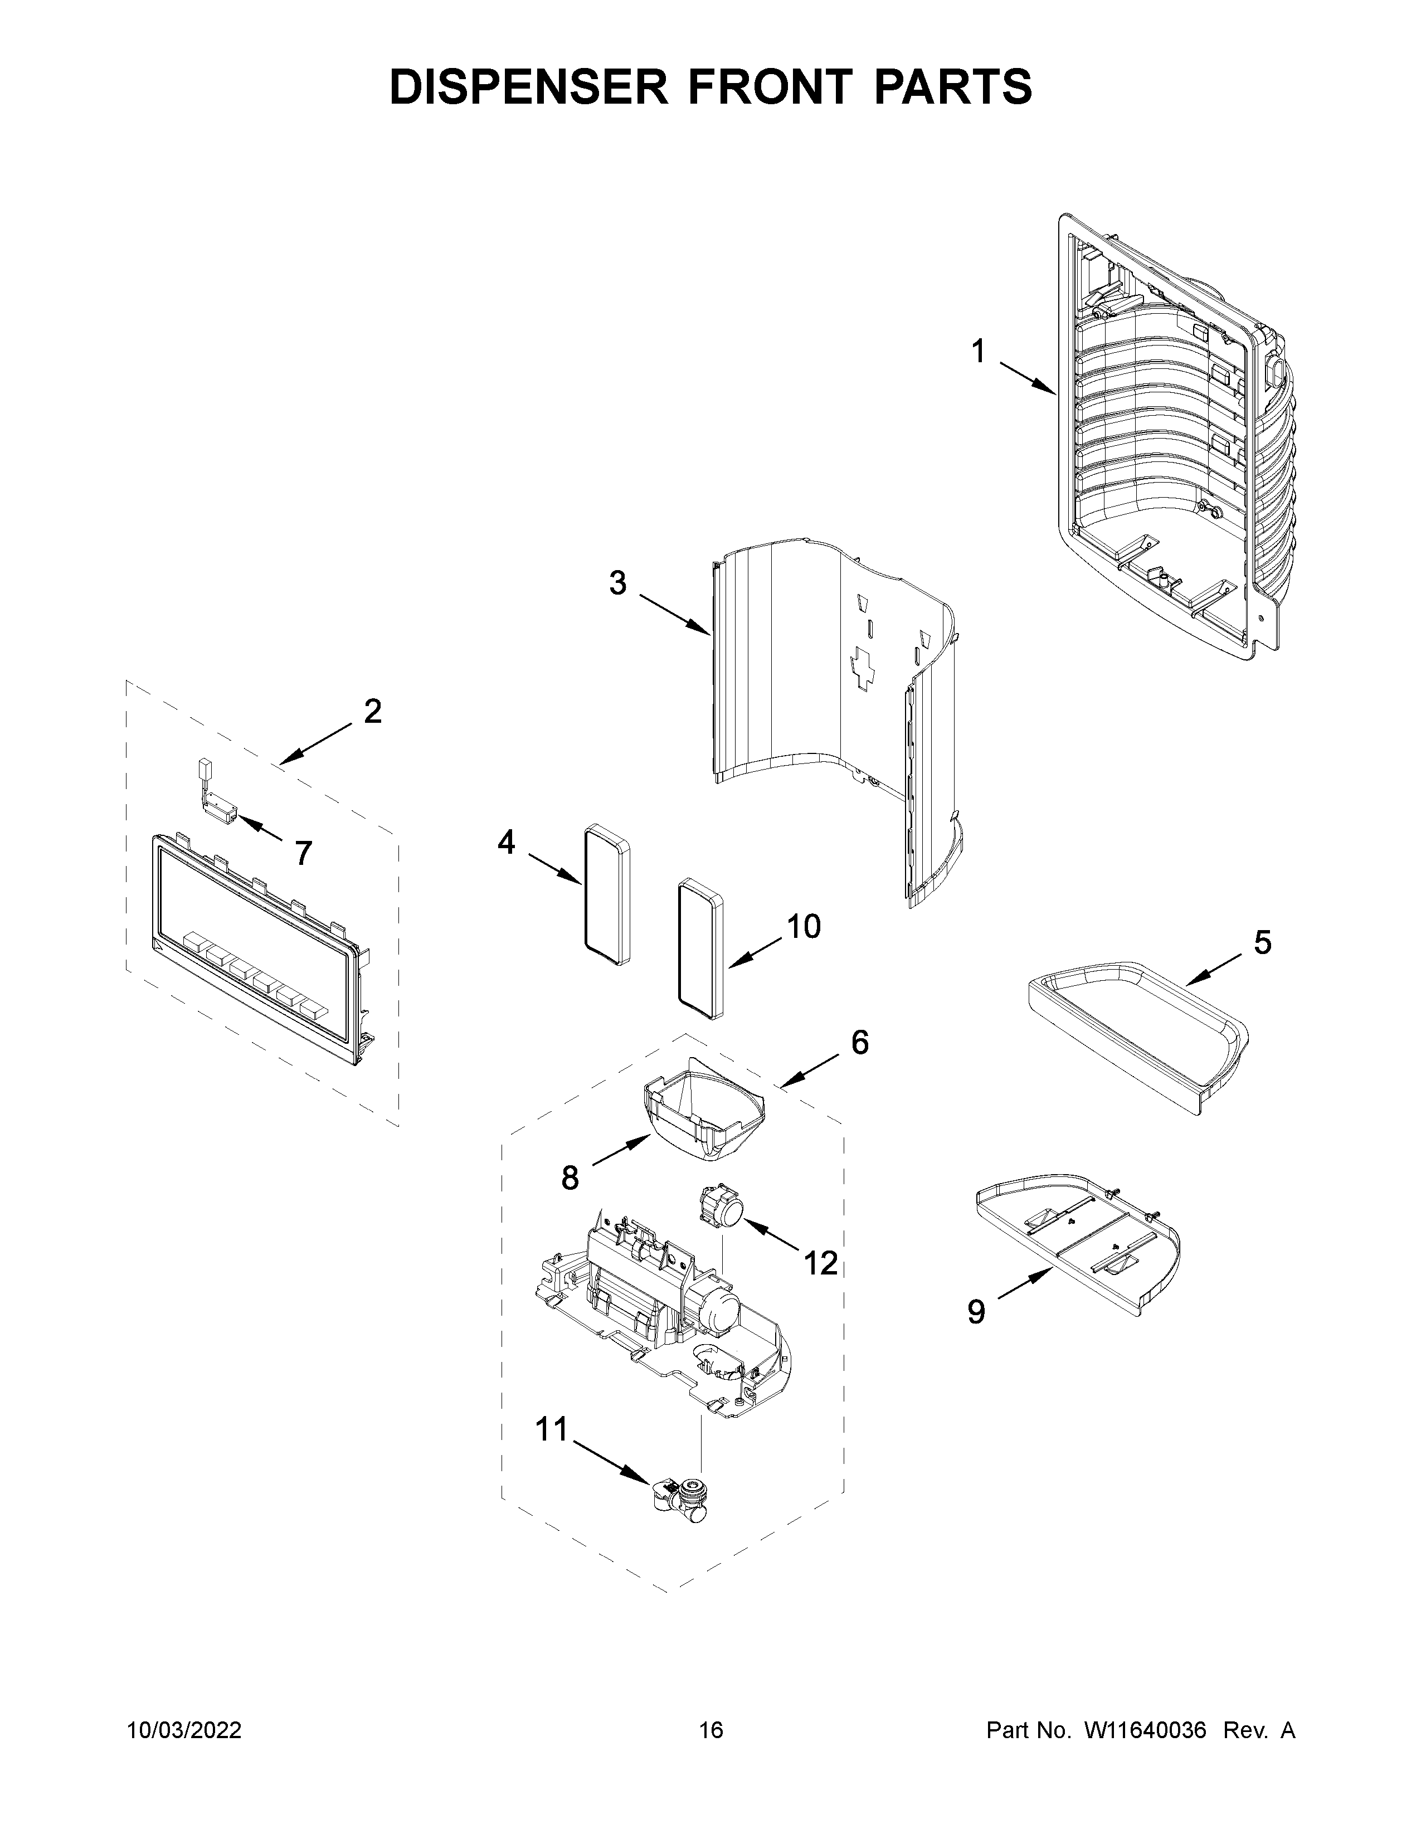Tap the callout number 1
tap(977, 351)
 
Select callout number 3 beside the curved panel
tap(618, 583)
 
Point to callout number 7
tap(303, 854)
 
